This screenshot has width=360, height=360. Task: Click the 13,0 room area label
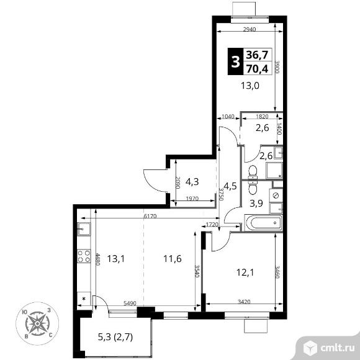point(250,86)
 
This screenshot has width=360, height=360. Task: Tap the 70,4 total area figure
point(257,68)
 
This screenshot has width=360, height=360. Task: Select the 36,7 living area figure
point(257,55)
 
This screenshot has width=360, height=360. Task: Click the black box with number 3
point(235,61)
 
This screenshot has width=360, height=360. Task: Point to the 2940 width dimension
point(250,29)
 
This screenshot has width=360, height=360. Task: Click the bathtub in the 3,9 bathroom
point(263,222)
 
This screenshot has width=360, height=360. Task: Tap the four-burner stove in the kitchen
point(84,256)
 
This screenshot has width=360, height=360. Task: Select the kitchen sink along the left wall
point(84,229)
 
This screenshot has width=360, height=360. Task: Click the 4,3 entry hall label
point(192,182)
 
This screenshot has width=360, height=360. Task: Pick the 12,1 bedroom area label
point(245,272)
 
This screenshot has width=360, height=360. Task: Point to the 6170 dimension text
point(150,216)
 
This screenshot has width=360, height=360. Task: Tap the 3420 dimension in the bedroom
point(244,302)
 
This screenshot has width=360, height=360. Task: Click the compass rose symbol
point(37,323)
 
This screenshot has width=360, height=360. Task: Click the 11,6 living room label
point(172,259)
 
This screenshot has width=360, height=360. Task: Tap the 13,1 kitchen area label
point(116,259)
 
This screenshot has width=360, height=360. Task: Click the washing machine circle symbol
point(276,196)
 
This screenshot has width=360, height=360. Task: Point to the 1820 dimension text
point(262,117)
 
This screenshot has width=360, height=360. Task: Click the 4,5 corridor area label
point(230,186)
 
